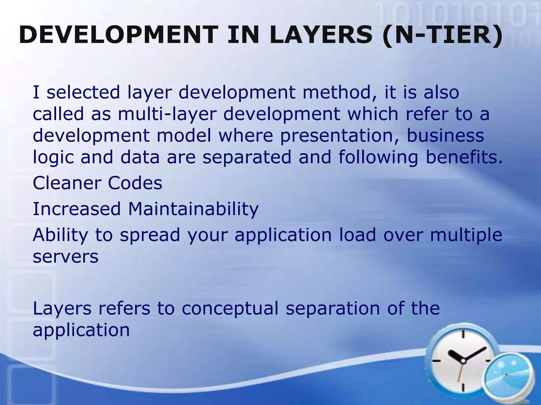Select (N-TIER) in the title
(x=442, y=35)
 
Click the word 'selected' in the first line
(x=83, y=93)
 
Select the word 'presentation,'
(x=340, y=136)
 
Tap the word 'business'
(x=445, y=135)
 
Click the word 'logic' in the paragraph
(x=53, y=157)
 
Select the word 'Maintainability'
(x=193, y=209)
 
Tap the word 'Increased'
(x=77, y=209)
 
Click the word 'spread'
(x=150, y=235)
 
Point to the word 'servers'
(x=66, y=257)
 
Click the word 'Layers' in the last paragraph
(x=62, y=309)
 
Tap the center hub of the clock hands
(x=463, y=360)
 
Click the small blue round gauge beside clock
(x=506, y=375)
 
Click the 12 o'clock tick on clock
(x=463, y=334)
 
